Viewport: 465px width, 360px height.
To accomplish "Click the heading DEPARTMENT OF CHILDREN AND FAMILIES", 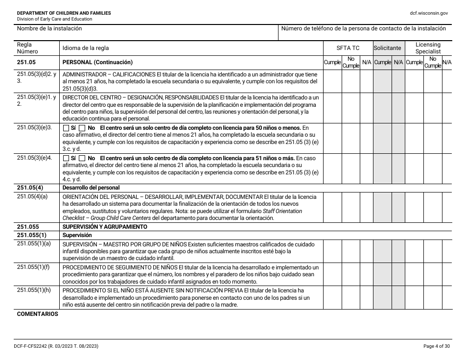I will tap(64, 13).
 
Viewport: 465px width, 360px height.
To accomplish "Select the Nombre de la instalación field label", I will tap(49, 29).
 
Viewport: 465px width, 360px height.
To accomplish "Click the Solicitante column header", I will tap(387, 48).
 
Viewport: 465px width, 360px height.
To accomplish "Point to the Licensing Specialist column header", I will tap(428, 48).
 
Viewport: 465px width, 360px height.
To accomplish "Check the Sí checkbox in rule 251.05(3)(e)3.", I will tap(67, 128).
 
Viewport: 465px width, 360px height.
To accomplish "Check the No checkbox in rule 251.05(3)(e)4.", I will tap(82, 159).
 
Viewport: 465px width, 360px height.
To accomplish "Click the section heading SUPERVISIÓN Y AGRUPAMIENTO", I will tap(105, 227).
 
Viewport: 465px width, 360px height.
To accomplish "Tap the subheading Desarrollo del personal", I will tap(91, 188).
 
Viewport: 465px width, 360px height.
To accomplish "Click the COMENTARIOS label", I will tap(37, 314).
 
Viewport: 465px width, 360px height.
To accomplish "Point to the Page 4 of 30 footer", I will tap(435, 346).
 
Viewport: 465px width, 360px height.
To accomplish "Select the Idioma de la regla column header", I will tap(86, 48).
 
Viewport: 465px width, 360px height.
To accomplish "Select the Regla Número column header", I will tap(27, 48).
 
